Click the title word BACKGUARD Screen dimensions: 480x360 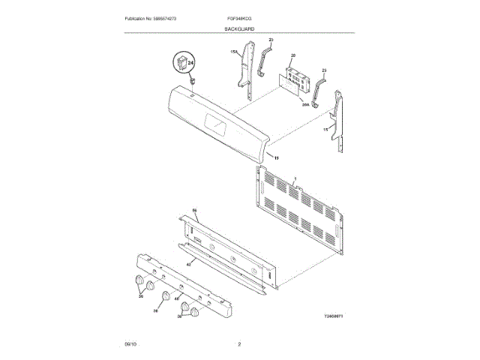point(239,28)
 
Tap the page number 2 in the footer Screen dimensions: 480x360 point(238,344)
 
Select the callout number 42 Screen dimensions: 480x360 point(189,264)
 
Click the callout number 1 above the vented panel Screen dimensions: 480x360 point(295,178)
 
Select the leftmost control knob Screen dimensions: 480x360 point(138,281)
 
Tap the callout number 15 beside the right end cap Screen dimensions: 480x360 point(325,130)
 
